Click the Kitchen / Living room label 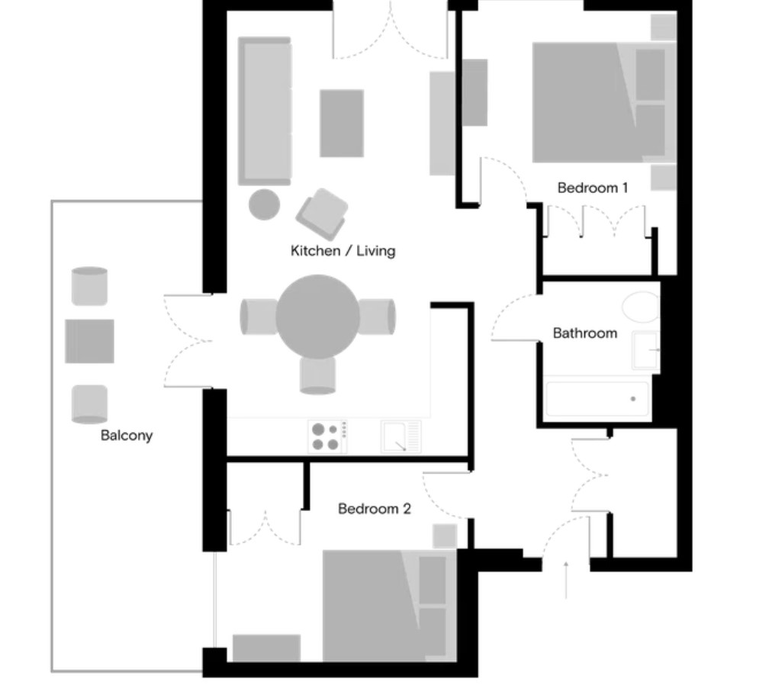(x=343, y=250)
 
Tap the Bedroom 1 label (x=592, y=188)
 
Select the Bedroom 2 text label (x=375, y=509)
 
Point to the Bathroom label (x=585, y=333)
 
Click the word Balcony (x=127, y=436)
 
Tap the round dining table (x=317, y=317)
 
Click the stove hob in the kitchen (x=327, y=436)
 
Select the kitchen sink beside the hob (x=400, y=436)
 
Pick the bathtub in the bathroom (x=597, y=399)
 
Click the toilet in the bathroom (x=641, y=307)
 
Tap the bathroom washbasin (x=645, y=350)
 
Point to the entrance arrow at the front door (x=566, y=581)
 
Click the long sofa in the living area (x=265, y=111)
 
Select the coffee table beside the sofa (x=342, y=123)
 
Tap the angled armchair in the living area (x=322, y=214)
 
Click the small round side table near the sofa (x=265, y=204)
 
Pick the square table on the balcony (x=89, y=341)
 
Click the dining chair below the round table (x=317, y=375)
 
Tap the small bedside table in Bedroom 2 (x=445, y=536)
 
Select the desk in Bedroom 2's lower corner (x=266, y=648)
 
